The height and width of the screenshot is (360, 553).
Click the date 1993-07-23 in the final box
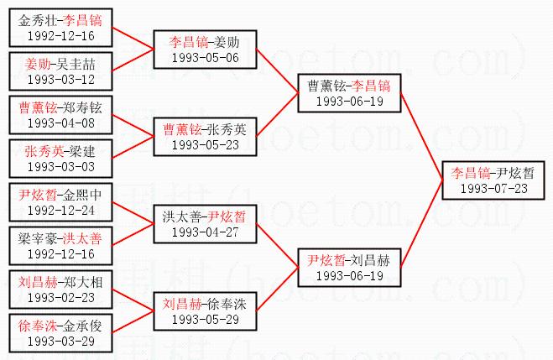click(x=493, y=189)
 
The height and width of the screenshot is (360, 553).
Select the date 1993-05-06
click(x=204, y=57)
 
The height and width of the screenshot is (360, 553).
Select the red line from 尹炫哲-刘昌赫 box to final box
click(x=423, y=224)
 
